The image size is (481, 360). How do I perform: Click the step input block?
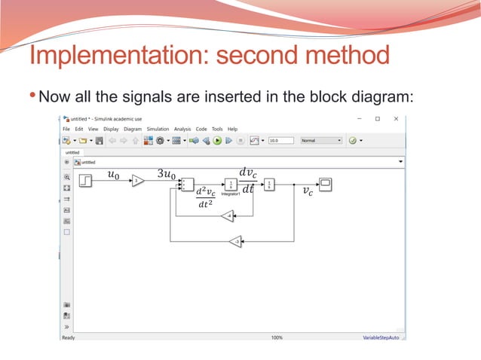pyautogui.click(x=86, y=180)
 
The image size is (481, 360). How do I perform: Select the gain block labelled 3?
pyautogui.click(x=138, y=180)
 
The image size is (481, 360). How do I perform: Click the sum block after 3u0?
pyautogui.click(x=188, y=185)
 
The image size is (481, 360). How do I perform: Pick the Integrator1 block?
pyautogui.click(x=231, y=185)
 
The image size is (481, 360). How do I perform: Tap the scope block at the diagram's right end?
pyautogui.click(x=326, y=183)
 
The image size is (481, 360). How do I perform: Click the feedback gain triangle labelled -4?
pyautogui.click(x=228, y=216)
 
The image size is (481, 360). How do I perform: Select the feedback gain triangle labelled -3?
pyautogui.click(x=235, y=241)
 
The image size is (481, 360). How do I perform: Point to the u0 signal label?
pyautogui.click(x=113, y=175)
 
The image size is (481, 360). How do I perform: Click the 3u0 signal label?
pyautogui.click(x=167, y=175)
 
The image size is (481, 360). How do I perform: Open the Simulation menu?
pyautogui.click(x=158, y=129)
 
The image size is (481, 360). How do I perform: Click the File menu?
pyautogui.click(x=66, y=129)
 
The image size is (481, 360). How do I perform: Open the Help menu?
pyautogui.click(x=232, y=129)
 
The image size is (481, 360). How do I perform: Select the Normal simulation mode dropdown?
pyautogui.click(x=320, y=140)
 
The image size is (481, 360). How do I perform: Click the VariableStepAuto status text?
pyautogui.click(x=382, y=337)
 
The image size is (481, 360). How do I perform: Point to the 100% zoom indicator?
pyautogui.click(x=277, y=337)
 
